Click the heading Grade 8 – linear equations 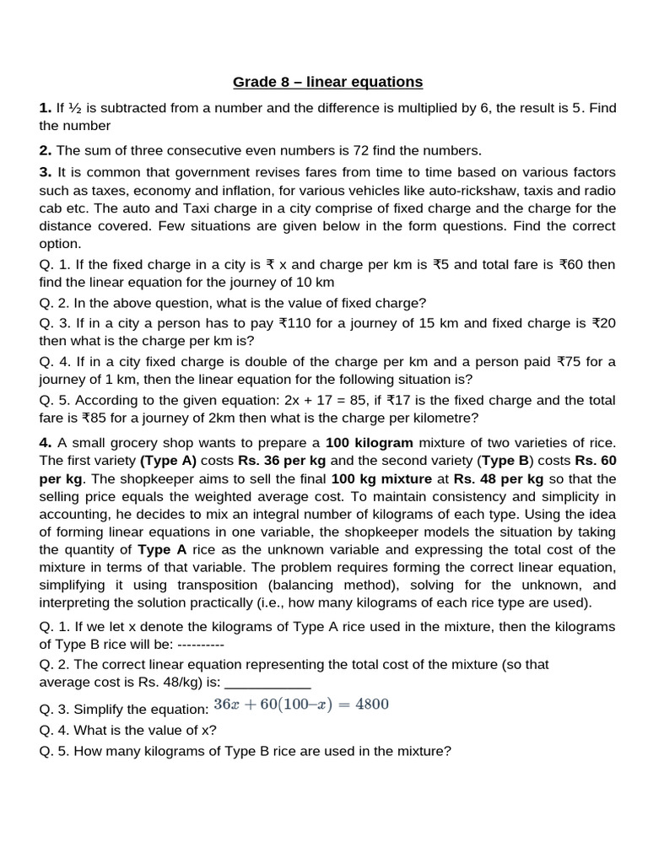[x=327, y=82]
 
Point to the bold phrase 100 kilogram [x=370, y=443]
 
